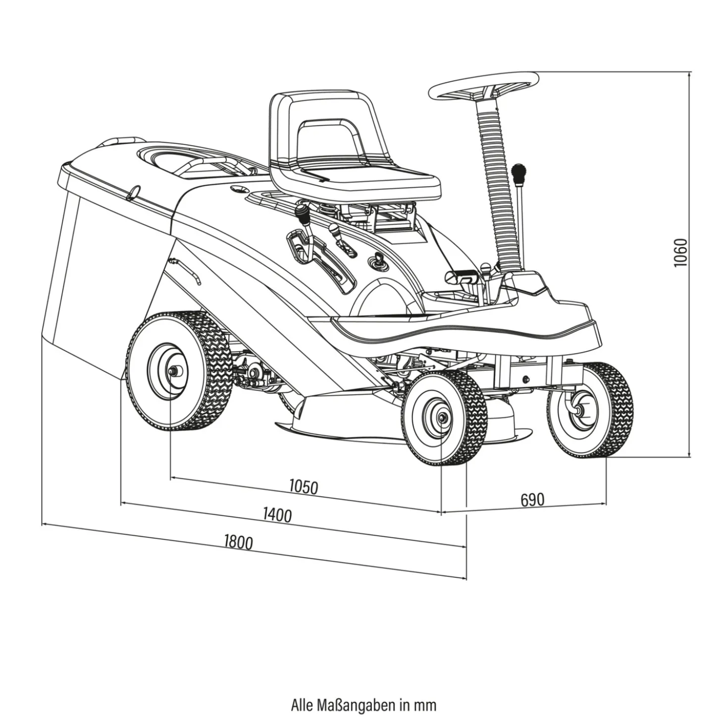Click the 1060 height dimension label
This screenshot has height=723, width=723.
[x=680, y=253]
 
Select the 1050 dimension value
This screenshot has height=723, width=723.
[x=304, y=487]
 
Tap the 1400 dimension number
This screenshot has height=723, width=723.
[x=277, y=515]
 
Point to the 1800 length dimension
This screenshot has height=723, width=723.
[x=238, y=543]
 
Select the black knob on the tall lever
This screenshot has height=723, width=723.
[x=518, y=174]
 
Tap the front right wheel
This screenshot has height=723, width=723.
[x=590, y=409]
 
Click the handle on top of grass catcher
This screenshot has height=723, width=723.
[x=119, y=142]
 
